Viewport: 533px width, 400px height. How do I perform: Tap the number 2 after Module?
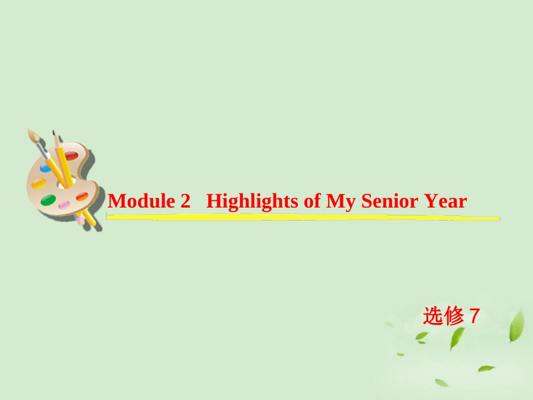pyautogui.click(x=186, y=201)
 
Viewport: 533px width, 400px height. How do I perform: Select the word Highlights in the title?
pyautogui.click(x=252, y=201)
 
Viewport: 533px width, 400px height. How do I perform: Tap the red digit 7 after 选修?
pyautogui.click(x=474, y=317)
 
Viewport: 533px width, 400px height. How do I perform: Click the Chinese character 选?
pyautogui.click(x=433, y=317)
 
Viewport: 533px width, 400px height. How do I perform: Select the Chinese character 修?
pyautogui.click(x=453, y=317)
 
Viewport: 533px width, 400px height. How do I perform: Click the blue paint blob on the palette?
pyautogui.click(x=45, y=167)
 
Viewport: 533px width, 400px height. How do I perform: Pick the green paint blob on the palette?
pyautogui.click(x=49, y=200)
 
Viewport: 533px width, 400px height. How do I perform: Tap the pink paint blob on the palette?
pyautogui.click(x=64, y=205)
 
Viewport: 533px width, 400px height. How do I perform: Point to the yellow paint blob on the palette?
pyautogui.click(x=39, y=183)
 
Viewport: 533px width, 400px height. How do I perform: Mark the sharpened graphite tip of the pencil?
pyautogui.click(x=54, y=133)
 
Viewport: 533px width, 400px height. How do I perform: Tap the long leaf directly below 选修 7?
pyautogui.click(x=457, y=338)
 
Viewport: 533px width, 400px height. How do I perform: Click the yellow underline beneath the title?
pyautogui.click(x=303, y=217)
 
